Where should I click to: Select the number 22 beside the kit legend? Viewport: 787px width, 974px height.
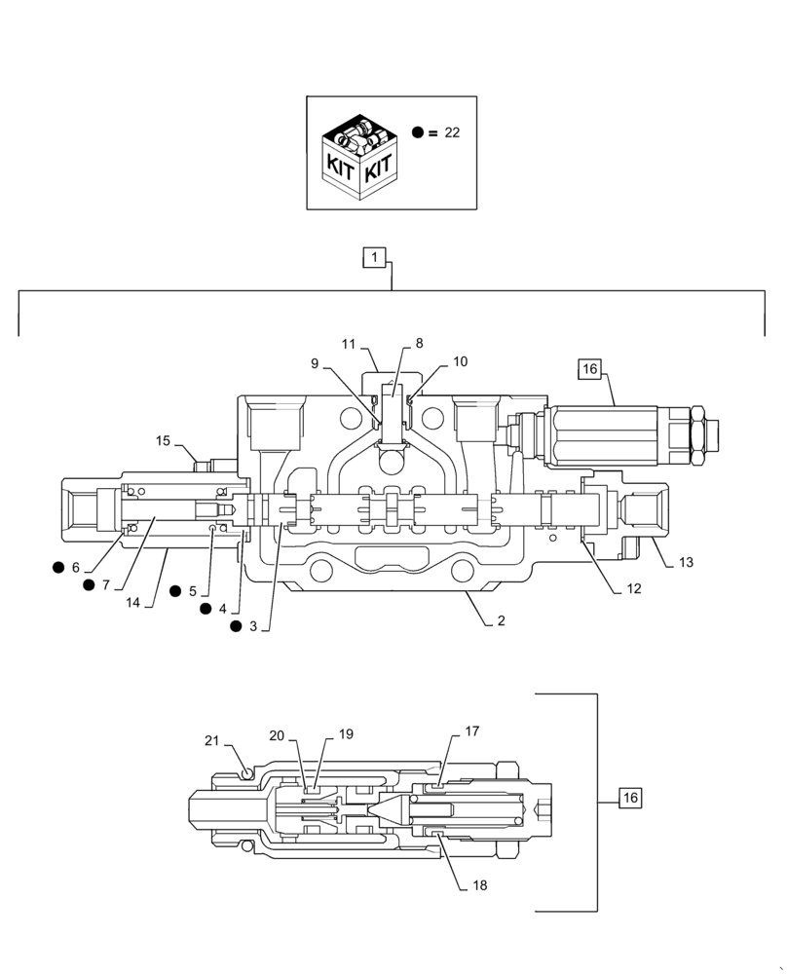pos(451,132)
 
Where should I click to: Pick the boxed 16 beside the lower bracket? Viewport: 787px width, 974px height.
pos(629,798)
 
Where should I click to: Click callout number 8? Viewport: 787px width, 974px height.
pos(419,343)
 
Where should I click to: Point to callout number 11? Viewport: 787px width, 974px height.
pos(348,344)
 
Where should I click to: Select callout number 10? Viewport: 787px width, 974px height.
pos(460,361)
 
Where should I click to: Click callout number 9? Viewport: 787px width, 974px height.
pos(315,363)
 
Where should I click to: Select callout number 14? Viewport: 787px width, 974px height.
pos(133,603)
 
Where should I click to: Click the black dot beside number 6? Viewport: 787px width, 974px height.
pos(59,567)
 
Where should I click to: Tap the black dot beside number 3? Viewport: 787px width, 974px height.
pos(235,626)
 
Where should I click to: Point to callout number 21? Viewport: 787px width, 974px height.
pos(211,741)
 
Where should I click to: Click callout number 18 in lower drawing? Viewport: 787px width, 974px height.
pos(478,885)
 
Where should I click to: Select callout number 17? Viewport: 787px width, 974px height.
pos(471,730)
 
